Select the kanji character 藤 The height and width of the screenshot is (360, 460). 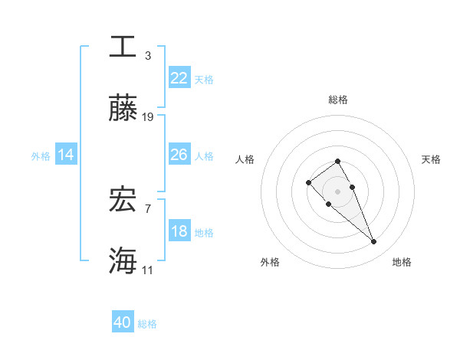[123, 110]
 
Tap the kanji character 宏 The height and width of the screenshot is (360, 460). [123, 200]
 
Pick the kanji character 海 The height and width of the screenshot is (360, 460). [123, 261]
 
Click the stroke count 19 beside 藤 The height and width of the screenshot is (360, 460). [148, 116]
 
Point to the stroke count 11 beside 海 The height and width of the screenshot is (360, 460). [148, 270]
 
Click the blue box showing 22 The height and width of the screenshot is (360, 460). [179, 77]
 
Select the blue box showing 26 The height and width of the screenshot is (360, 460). [179, 155]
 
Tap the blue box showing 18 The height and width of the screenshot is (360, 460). [179, 231]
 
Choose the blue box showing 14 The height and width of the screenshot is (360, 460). [66, 155]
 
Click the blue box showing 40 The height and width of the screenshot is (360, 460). [123, 322]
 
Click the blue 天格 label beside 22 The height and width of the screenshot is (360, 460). [204, 79]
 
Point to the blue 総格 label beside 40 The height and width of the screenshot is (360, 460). [147, 324]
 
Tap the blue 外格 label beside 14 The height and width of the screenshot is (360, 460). [41, 156]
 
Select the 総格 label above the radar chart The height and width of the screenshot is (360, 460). [337, 100]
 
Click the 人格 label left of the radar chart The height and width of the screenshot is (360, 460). [245, 159]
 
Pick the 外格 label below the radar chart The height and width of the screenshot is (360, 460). [270, 262]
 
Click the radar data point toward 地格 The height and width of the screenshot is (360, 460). [373, 242]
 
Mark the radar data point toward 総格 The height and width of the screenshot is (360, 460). [337, 161]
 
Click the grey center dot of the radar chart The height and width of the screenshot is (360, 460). [337, 191]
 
